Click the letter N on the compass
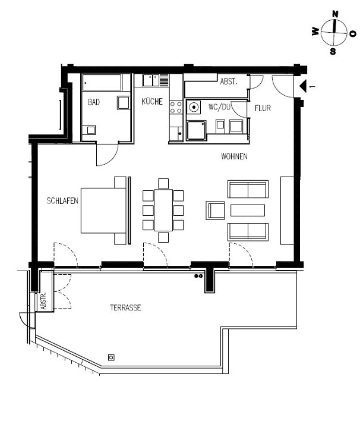pyautogui.click(x=335, y=14)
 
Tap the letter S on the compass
pyautogui.click(x=333, y=51)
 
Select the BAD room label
pyautogui.click(x=94, y=102)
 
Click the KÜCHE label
pyautogui.click(x=151, y=102)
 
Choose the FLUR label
pyautogui.click(x=263, y=109)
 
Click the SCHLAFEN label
pyautogui.click(x=63, y=202)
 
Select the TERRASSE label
pyautogui.click(x=125, y=308)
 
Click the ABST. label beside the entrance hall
pyautogui.click(x=228, y=81)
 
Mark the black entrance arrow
pyautogui.click(x=302, y=87)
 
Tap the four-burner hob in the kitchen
pyautogui.click(x=176, y=107)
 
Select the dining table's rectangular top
pyautogui.click(x=163, y=209)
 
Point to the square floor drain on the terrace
pyautogui.click(x=111, y=357)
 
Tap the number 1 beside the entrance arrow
pyautogui.click(x=313, y=87)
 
